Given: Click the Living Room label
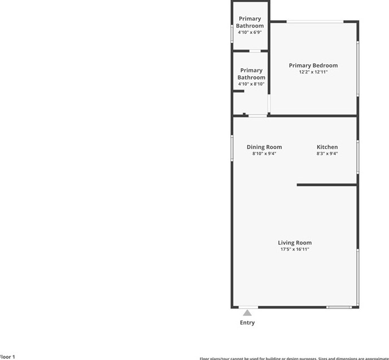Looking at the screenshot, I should [294, 243].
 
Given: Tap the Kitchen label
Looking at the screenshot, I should [327, 147].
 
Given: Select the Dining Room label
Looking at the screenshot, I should [264, 147].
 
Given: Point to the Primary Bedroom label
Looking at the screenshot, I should [313, 65].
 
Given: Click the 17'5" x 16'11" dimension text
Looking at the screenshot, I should [294, 249].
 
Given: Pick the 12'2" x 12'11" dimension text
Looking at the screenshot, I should [313, 72].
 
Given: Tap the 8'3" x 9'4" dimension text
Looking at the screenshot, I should [327, 153].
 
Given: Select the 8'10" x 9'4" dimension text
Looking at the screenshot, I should [264, 153].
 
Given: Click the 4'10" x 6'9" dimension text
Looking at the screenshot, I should [250, 32].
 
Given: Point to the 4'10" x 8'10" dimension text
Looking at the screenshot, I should [251, 84].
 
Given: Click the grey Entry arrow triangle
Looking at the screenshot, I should [247, 312].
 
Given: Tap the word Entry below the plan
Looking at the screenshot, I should [247, 323].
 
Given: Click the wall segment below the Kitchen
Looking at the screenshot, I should [327, 185].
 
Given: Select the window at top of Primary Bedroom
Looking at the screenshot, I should [314, 21].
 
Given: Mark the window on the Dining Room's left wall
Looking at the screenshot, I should [232, 148].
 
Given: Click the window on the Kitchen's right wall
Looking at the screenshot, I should [357, 156].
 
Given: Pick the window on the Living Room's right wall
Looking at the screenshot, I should [357, 276].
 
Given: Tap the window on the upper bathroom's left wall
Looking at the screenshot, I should [232, 33].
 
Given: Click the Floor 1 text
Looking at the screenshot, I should [7, 357].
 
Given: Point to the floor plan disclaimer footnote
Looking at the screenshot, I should [294, 358].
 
